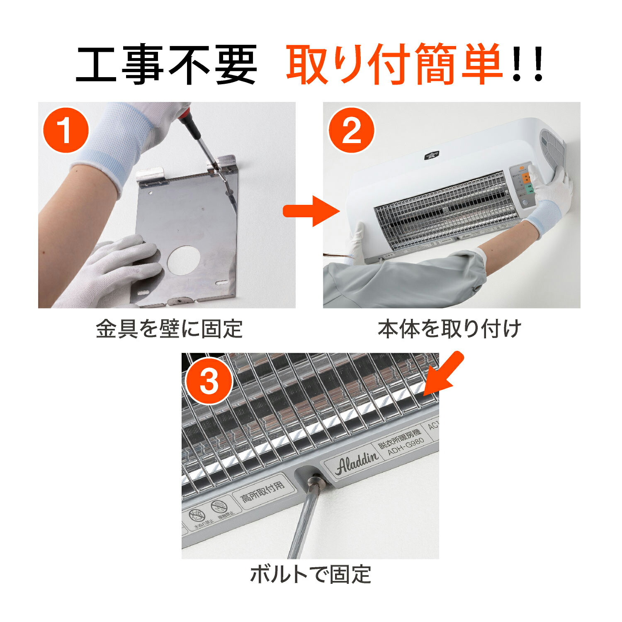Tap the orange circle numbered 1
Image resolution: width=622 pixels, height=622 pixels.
point(66,131)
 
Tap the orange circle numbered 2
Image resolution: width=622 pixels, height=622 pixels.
point(351,131)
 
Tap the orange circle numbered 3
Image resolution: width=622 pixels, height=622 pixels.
point(209,381)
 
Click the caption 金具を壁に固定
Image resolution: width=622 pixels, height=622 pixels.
point(169,329)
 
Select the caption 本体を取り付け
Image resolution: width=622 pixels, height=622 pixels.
point(449,329)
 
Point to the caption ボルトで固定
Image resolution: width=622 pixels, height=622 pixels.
point(310,574)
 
